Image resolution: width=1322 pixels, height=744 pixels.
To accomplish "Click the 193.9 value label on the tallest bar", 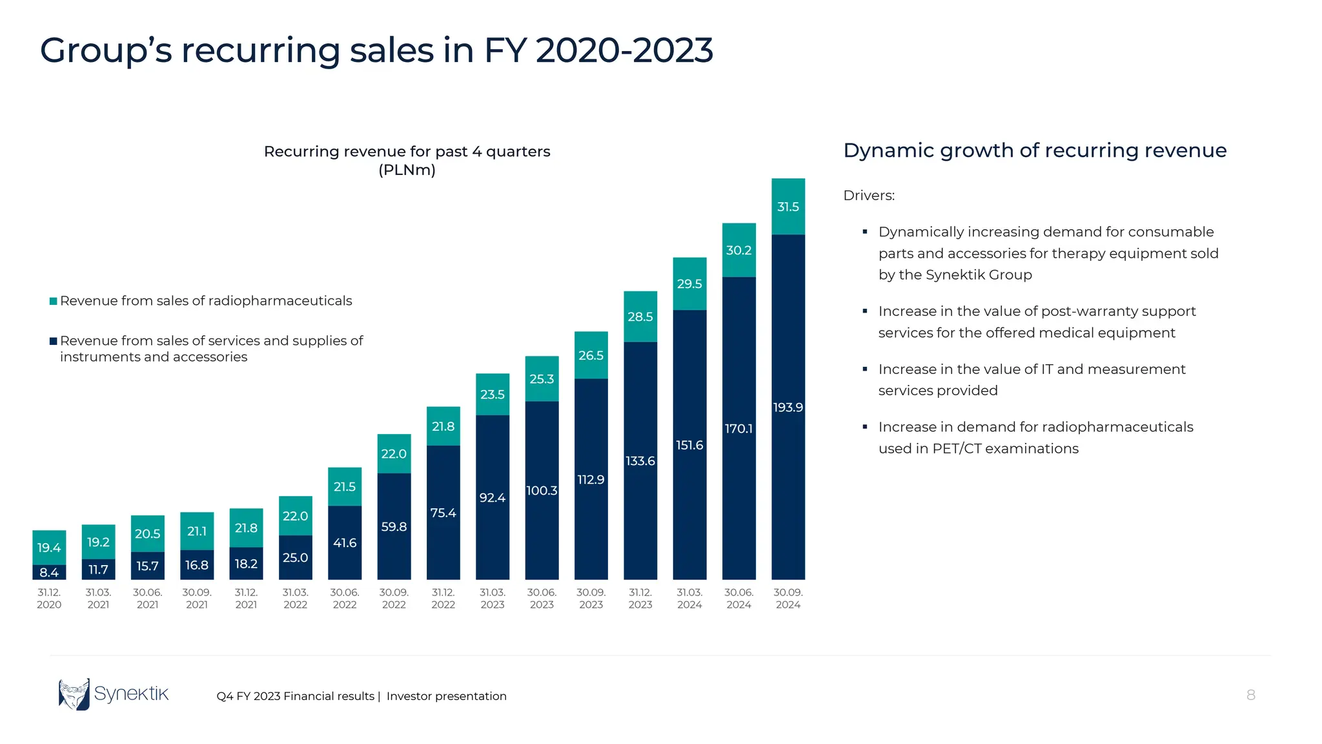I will point(788,408).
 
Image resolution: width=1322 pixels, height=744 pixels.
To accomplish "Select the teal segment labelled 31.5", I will point(788,207).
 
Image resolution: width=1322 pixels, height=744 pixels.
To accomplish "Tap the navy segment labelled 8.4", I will point(49,572).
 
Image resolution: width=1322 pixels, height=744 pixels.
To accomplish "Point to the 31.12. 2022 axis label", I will point(443,598).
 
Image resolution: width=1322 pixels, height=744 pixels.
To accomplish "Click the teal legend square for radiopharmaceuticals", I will point(54,301).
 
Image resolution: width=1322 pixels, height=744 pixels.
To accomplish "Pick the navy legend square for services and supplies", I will point(54,341).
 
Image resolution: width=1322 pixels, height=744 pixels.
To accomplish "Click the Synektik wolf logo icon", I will point(74,694).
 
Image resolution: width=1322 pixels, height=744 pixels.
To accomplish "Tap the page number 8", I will point(1250,695).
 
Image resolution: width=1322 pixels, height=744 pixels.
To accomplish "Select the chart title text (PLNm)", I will point(407,170).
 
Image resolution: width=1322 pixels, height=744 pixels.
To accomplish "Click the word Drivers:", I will point(868,196).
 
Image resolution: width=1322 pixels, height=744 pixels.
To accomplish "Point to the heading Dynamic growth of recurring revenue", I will point(1034,150).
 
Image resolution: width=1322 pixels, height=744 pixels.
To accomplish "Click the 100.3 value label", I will point(542,491).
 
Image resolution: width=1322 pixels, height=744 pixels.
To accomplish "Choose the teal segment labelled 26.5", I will point(591,355).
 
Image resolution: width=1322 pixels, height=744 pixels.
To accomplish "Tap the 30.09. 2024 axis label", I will point(788,598).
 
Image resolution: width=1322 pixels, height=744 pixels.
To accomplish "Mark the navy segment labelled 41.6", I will point(344,543).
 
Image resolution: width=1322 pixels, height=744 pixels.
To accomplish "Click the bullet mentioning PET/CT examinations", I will point(1035,437).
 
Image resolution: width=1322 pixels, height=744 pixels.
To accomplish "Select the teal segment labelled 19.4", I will point(49,548).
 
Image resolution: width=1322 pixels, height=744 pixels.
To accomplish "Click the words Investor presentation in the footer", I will point(446,696).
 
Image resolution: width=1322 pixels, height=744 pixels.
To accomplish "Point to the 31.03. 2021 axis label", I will point(98,598).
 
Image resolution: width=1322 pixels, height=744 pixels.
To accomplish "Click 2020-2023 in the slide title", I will point(624,50).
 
